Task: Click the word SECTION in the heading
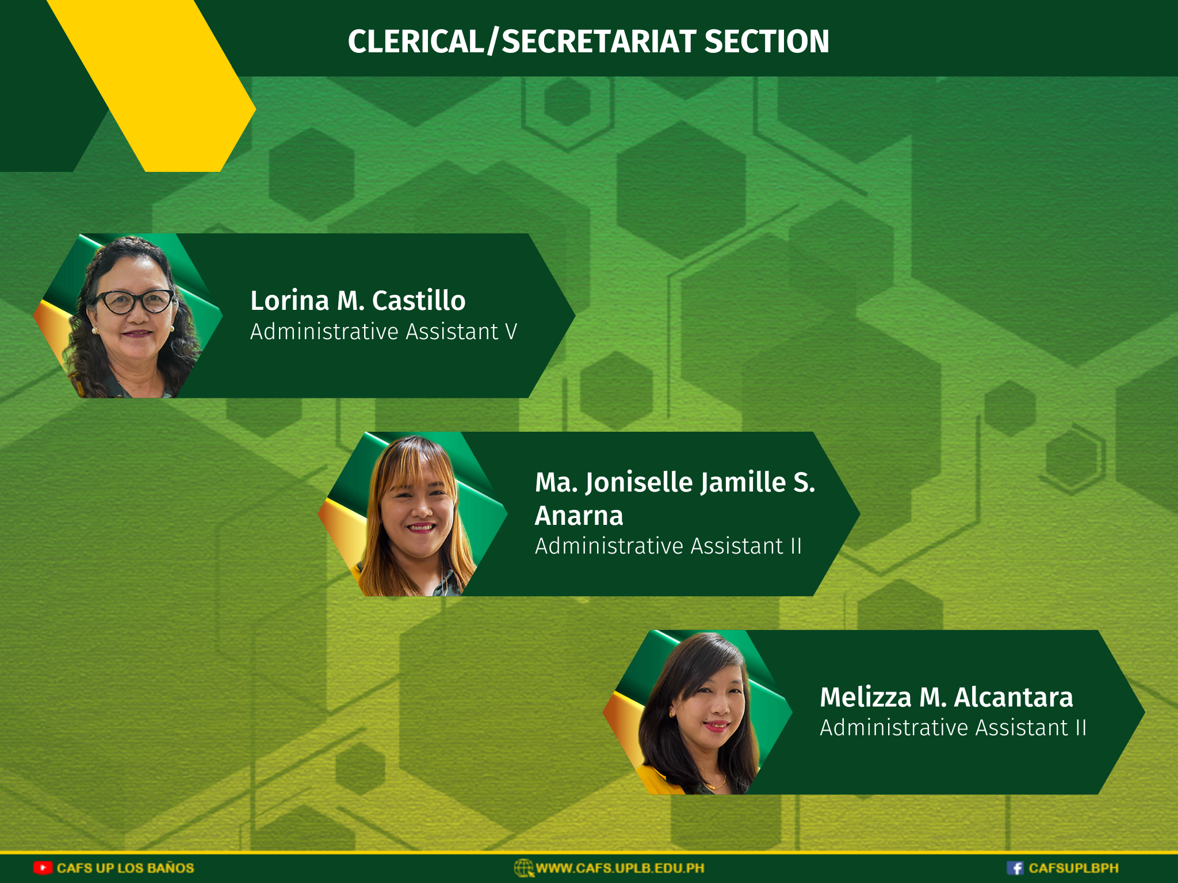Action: click(x=767, y=41)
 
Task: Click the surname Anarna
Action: click(x=579, y=516)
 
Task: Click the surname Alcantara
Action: click(x=1013, y=697)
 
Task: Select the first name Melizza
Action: click(x=866, y=697)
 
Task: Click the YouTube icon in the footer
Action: click(x=43, y=867)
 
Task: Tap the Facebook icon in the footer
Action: click(x=1015, y=868)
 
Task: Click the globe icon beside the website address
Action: click(x=523, y=868)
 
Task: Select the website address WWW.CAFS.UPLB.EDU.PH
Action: click(x=620, y=868)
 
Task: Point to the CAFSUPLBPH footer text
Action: click(x=1073, y=868)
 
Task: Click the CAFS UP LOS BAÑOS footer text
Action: click(x=125, y=867)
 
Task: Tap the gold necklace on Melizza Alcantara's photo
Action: click(x=716, y=783)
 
